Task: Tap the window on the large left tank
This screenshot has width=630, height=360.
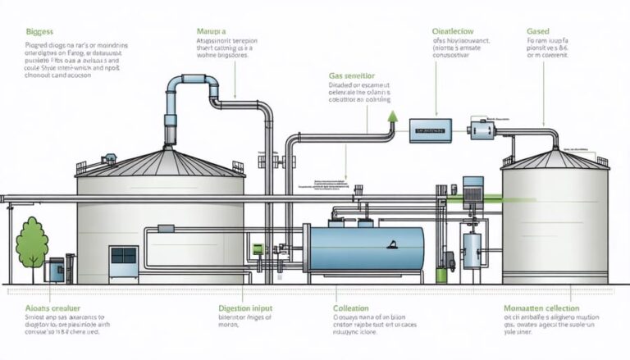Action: [123, 255]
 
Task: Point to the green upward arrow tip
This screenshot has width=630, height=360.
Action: [392, 116]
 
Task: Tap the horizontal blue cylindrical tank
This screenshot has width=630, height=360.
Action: [366, 250]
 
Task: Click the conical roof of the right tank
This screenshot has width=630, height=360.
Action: [555, 157]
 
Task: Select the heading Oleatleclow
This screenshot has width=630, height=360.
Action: [453, 30]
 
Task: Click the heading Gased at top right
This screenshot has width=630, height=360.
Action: [537, 30]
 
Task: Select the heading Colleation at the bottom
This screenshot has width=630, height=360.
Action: [356, 308]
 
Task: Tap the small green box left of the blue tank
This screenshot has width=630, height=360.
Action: [257, 248]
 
